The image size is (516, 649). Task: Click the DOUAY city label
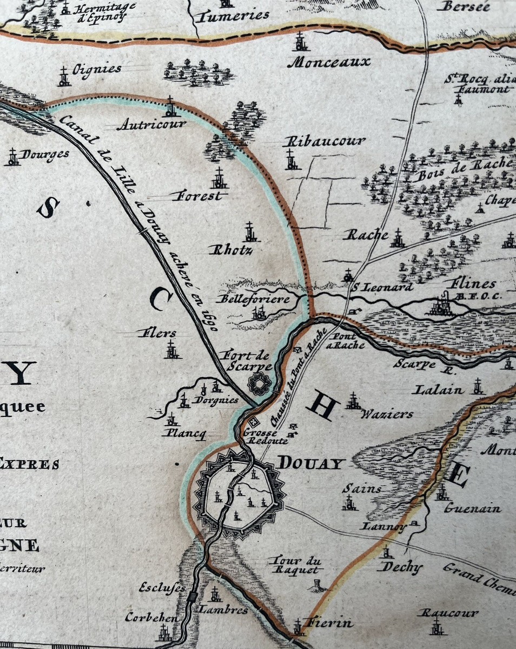pyautogui.click(x=312, y=463)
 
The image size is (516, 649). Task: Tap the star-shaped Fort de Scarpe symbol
pyautogui.click(x=259, y=383)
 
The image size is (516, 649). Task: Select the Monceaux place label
pyautogui.click(x=329, y=62)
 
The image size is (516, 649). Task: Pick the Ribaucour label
pyautogui.click(x=325, y=141)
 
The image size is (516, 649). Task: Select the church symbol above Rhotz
pyautogui.click(x=249, y=231)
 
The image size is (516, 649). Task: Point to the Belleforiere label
pyautogui.click(x=253, y=299)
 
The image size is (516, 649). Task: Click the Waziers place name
pyautogui.click(x=387, y=414)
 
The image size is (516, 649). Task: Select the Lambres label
pyautogui.click(x=223, y=610)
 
